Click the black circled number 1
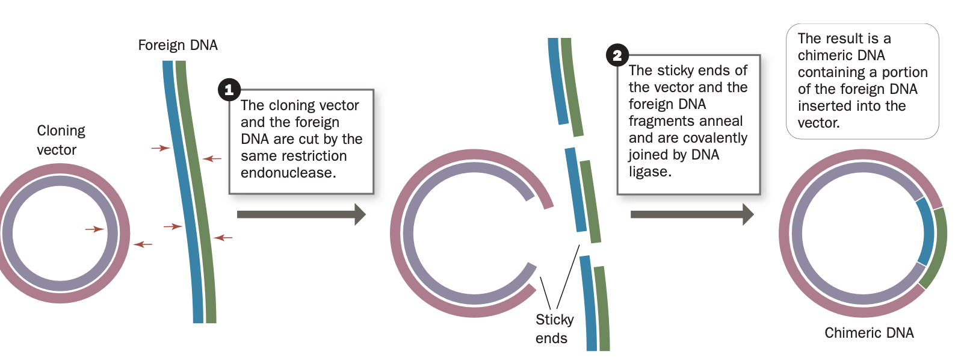click(229, 90)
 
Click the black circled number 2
click(617, 55)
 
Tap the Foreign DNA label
click(178, 45)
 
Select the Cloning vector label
click(60, 140)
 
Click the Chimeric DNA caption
click(868, 333)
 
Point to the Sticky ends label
click(554, 329)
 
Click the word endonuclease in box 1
click(288, 173)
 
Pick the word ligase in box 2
click(650, 172)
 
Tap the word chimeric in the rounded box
click(841, 55)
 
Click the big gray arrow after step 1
click(301, 214)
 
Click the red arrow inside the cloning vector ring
click(94, 229)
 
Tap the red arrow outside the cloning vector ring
click(143, 244)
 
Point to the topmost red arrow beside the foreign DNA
click(160, 147)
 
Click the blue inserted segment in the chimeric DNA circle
click(926, 232)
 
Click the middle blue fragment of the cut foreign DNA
click(575, 190)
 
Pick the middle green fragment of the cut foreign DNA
click(590, 202)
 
